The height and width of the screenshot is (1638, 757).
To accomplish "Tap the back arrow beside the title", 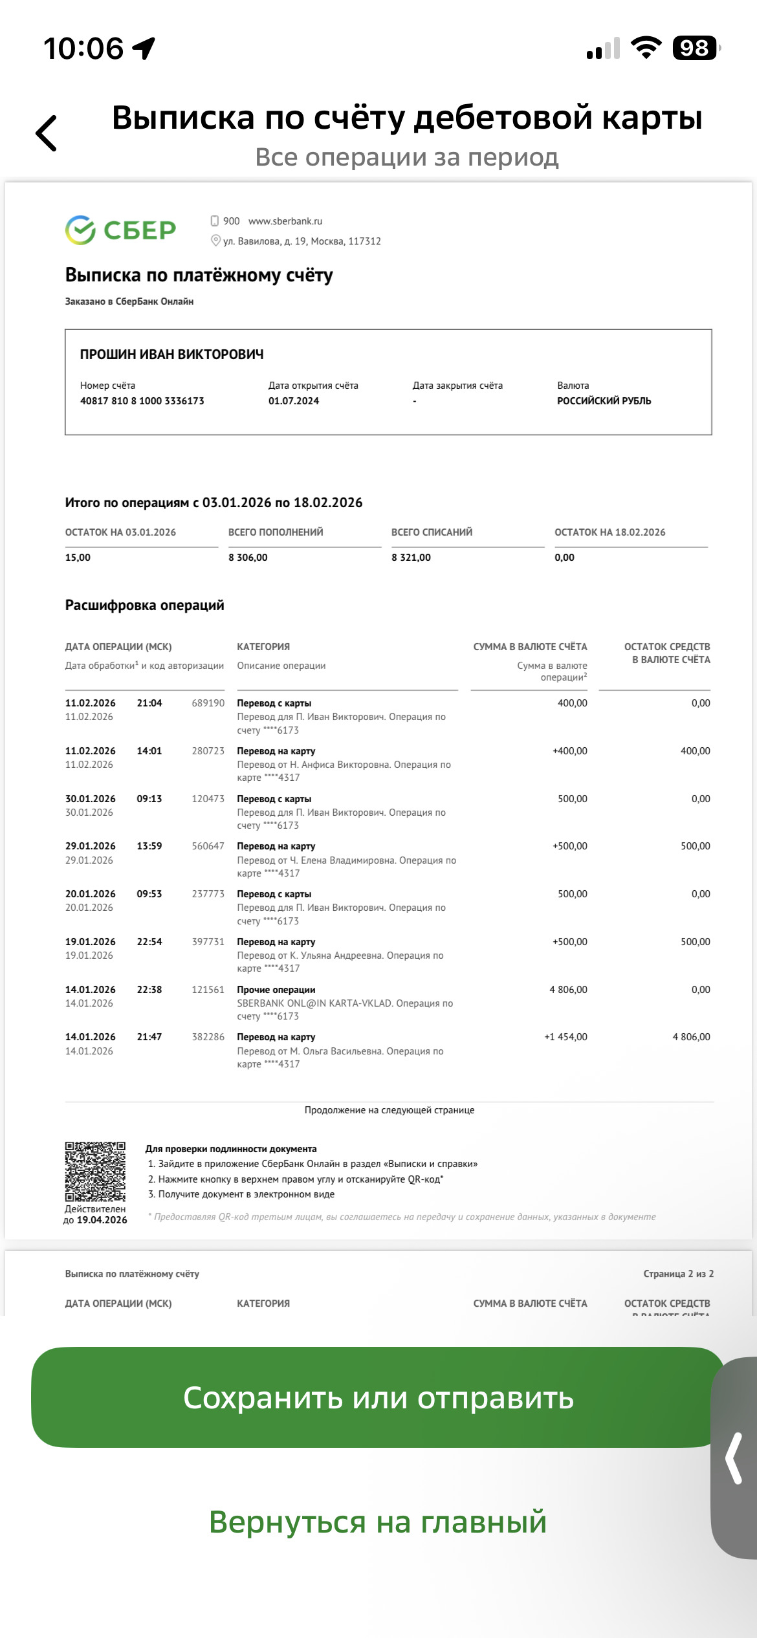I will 47,133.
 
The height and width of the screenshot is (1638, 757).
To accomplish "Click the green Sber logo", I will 121,230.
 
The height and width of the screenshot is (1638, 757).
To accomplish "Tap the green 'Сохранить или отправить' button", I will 378,1397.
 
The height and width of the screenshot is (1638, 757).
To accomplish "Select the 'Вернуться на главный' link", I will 378,1522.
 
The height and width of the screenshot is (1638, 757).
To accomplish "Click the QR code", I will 95,1172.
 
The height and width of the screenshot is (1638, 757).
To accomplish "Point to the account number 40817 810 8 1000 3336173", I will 142,401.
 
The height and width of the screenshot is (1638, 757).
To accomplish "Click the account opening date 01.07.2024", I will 294,401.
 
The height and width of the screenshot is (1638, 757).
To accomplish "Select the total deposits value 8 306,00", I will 248,558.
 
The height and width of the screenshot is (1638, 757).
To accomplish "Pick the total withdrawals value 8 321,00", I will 411,558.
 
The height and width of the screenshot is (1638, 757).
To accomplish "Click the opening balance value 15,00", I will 78,558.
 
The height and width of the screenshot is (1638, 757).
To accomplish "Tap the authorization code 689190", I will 208,703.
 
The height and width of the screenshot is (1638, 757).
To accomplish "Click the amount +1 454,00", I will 565,1037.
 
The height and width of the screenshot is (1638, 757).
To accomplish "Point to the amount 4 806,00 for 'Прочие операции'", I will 568,990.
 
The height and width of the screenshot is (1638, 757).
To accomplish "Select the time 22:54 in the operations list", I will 149,942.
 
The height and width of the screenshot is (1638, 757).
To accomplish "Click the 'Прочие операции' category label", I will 276,990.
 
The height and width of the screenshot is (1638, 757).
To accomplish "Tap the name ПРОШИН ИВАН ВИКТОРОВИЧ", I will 172,355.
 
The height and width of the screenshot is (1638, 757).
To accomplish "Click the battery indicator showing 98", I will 696,48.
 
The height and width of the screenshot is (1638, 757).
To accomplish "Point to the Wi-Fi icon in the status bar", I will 646,47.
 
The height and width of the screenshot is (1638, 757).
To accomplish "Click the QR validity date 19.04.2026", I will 102,1220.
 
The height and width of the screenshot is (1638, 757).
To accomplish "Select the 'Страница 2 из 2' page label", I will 678,1274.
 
